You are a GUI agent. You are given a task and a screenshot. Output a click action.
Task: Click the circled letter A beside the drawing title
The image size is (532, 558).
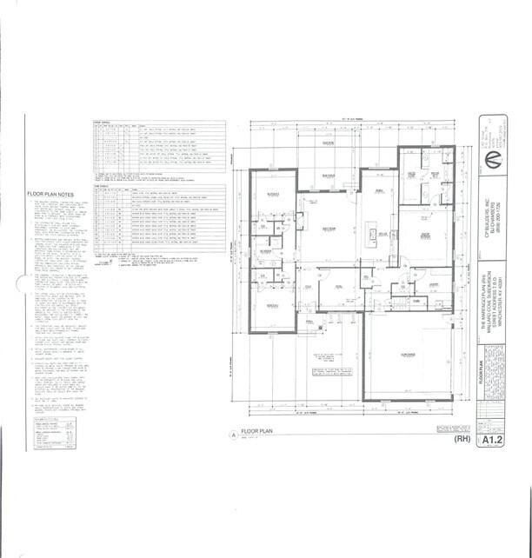(231, 438)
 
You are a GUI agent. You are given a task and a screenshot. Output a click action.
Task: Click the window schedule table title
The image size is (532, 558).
(103, 124)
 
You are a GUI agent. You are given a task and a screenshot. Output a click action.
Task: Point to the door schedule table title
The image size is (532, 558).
(103, 184)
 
